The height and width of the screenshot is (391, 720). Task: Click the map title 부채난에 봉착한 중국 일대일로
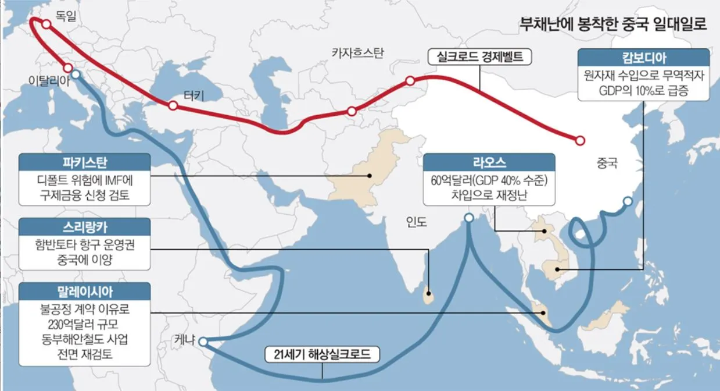click(x=613, y=25)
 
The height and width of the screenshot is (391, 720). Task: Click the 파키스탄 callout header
click(x=84, y=162)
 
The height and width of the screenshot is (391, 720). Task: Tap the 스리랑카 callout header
click(x=84, y=226)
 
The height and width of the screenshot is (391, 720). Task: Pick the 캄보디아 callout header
click(x=643, y=58)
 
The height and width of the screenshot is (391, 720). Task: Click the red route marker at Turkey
click(x=173, y=106)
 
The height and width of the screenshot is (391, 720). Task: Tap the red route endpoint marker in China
click(x=579, y=140)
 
